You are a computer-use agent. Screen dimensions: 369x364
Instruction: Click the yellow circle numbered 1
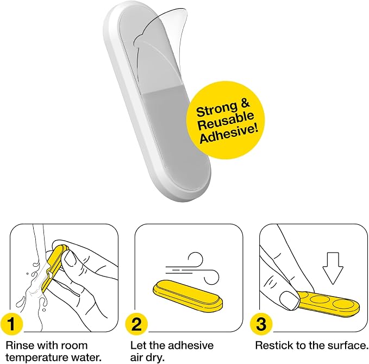[x=11, y=324]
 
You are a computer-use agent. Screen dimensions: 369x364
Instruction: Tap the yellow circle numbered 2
[x=136, y=324]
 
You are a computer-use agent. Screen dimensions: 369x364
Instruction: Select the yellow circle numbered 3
[x=261, y=324]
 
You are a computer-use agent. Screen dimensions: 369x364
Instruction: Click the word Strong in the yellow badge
[x=216, y=109]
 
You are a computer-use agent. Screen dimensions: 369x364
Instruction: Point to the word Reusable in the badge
[x=226, y=121]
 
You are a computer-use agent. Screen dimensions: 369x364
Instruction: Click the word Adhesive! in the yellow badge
[x=229, y=134]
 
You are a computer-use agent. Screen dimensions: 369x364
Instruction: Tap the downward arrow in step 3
[x=333, y=268]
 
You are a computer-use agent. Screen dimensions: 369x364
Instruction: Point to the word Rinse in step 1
[x=20, y=346]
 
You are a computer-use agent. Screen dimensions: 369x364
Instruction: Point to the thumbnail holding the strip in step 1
[x=71, y=258]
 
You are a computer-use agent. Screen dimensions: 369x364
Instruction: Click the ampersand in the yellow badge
[x=245, y=104]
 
